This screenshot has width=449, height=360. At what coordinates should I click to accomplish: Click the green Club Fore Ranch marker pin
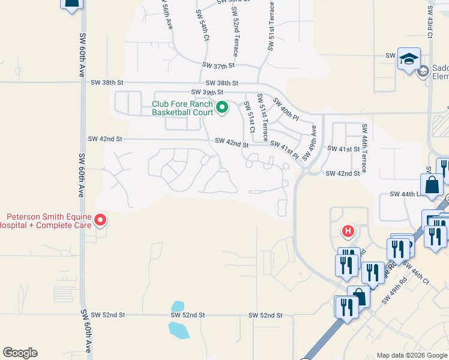pos(222,108)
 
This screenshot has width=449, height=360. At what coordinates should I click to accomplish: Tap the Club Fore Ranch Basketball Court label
pos(182,108)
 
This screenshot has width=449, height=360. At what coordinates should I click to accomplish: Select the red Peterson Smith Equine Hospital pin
pos(101,221)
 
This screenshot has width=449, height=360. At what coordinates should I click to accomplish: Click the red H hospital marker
pos(347,230)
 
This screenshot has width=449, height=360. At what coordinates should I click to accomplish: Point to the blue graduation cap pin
pos(409,59)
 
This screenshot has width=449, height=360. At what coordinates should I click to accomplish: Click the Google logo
pos(20,353)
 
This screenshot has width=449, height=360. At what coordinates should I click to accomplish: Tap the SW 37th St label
pos(218,65)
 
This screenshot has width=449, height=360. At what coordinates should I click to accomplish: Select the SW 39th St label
pos(206,92)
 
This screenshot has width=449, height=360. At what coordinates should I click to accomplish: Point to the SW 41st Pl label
pos(284,149)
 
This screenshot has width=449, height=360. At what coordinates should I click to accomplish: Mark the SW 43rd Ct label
pos(430,23)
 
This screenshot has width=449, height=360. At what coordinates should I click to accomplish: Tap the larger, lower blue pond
pos(179,329)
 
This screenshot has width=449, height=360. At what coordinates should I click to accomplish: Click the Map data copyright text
pos(412,355)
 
